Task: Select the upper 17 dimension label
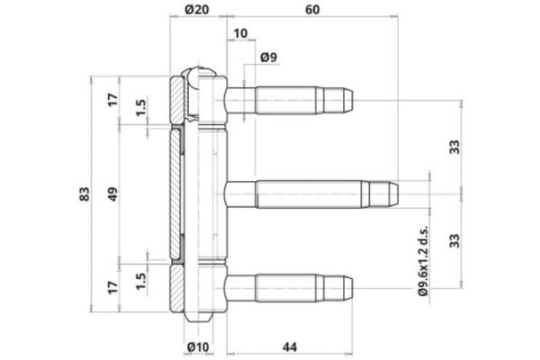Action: [112, 98]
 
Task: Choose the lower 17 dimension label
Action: [112, 289]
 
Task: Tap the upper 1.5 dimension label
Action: [140, 107]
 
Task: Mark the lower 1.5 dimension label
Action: [140, 281]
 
